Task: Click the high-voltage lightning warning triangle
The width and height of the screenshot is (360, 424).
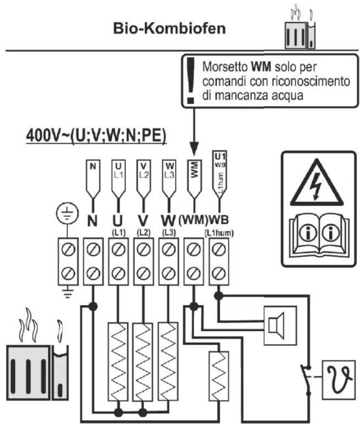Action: point(316,186)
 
